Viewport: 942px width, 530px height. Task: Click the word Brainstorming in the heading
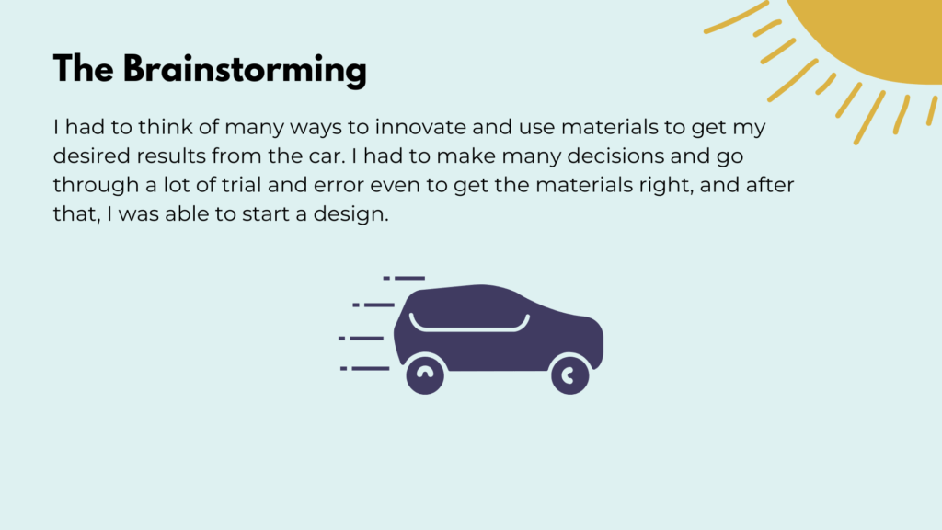(245, 70)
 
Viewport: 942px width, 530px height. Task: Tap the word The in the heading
(83, 68)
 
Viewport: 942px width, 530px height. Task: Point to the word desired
(91, 156)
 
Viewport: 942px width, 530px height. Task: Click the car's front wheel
(570, 375)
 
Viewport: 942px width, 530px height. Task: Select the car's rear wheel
(425, 375)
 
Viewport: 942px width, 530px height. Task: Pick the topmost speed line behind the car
(404, 278)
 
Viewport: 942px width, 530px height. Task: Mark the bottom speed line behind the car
(364, 368)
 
